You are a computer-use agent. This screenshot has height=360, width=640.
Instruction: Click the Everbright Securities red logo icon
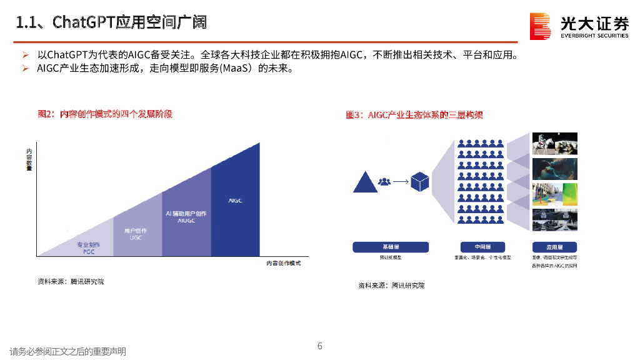pos(540,26)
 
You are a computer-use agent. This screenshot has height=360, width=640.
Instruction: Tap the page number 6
pos(320,346)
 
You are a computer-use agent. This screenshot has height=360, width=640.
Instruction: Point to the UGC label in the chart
pos(136,234)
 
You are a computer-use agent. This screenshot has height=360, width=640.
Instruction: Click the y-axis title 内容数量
pos(29,164)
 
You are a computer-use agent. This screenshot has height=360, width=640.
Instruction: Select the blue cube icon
pos(419,182)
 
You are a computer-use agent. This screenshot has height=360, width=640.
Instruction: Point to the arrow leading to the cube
pos(401,182)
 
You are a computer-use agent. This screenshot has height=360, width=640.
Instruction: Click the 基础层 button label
pos(391,247)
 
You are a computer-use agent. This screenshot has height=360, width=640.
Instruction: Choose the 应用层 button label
pos(555,247)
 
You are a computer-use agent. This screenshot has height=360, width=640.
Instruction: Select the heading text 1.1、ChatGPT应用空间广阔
pos(111,23)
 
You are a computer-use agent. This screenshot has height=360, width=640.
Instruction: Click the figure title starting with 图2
pos(104,114)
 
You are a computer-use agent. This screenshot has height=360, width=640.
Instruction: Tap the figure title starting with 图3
pos(414,115)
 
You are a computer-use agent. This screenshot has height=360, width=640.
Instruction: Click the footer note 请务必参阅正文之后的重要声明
pos(67,352)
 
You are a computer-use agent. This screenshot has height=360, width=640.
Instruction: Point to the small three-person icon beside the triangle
pos(384,182)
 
